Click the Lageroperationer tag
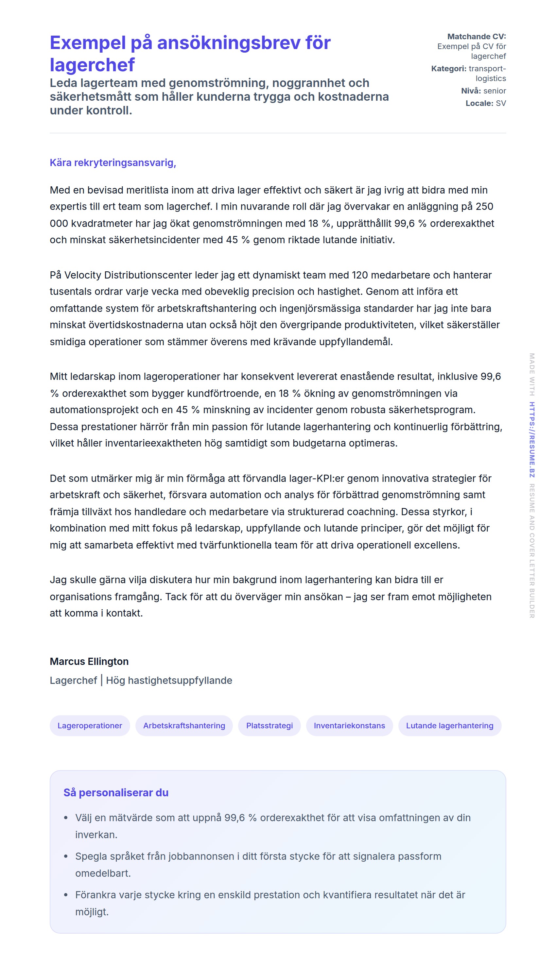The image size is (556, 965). [90, 725]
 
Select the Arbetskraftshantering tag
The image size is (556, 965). [184, 725]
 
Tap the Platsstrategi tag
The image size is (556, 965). [269, 725]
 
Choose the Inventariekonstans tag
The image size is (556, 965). [349, 725]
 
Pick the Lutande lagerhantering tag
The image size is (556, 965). [449, 725]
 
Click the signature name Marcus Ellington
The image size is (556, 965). [89, 661]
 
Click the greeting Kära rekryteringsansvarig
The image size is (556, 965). [113, 162]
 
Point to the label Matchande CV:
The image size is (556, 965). [476, 37]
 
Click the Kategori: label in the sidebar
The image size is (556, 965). [448, 69]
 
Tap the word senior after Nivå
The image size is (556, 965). [495, 91]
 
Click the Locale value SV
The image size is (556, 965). [501, 103]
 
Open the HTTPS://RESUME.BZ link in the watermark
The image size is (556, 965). [532, 439]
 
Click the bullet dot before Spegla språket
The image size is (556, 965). [66, 856]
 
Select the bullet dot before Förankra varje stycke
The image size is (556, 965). [66, 895]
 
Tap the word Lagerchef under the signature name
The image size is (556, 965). [73, 680]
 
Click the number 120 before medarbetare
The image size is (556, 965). [359, 275]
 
